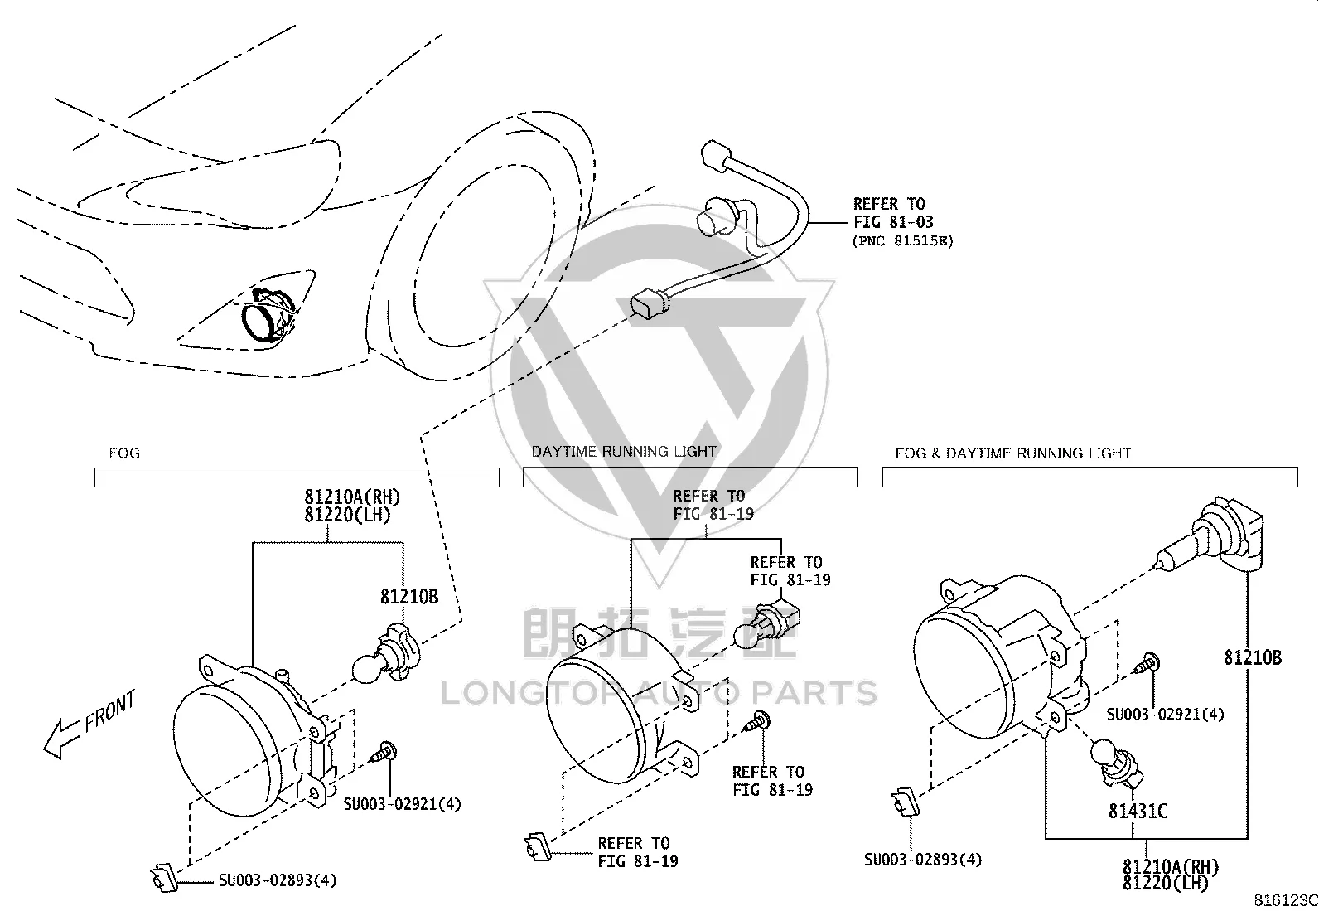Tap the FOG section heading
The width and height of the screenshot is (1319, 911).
[124, 453]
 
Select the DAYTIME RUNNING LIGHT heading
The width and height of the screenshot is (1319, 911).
[624, 452]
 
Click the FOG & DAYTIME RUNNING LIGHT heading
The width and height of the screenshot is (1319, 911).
[1012, 453]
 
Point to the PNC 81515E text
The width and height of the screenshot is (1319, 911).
[903, 241]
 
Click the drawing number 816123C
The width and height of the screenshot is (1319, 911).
[1285, 900]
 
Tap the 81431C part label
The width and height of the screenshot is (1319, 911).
[1137, 812]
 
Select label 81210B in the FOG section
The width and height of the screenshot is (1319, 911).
[409, 597]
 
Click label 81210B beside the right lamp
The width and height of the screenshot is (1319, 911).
[1253, 657]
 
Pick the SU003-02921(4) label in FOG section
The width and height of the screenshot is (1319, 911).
[402, 804]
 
